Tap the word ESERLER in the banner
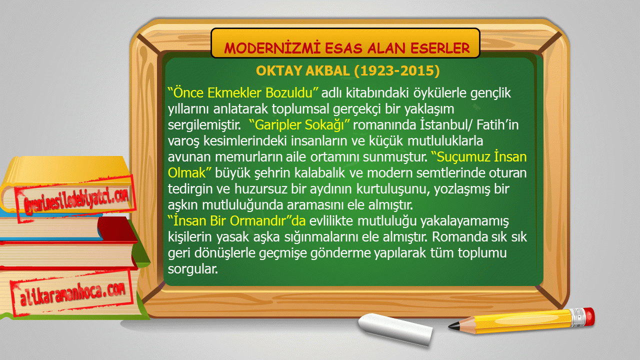tap(440, 47)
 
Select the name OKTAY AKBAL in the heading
tap(303, 70)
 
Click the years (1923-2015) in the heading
tap(397, 70)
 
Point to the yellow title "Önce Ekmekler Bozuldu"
tap(243, 93)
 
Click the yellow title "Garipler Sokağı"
tap(299, 125)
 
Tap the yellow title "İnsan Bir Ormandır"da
tap(236, 220)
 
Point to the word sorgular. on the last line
tap(193, 269)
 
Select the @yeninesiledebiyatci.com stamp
tap(75, 199)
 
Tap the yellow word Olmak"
tap(189, 173)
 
